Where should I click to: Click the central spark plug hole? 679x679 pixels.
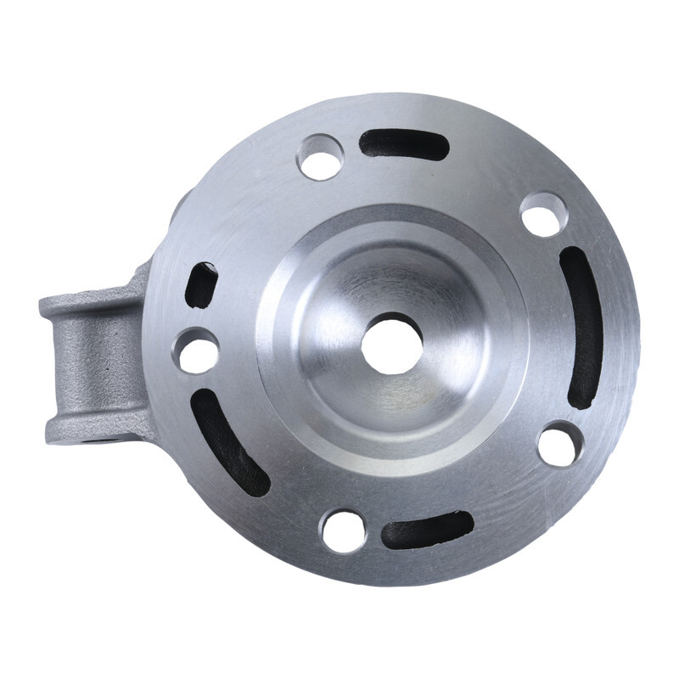click(391, 343)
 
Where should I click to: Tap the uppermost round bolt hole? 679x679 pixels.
click(321, 157)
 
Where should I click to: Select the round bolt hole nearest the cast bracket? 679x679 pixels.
click(196, 351)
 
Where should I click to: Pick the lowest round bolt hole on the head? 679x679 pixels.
click(343, 530)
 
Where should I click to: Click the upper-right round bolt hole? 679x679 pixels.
click(543, 214)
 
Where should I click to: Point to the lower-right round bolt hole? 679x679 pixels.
click(560, 443)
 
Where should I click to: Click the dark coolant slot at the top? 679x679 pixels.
click(403, 144)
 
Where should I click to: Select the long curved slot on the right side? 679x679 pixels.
click(583, 327)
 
